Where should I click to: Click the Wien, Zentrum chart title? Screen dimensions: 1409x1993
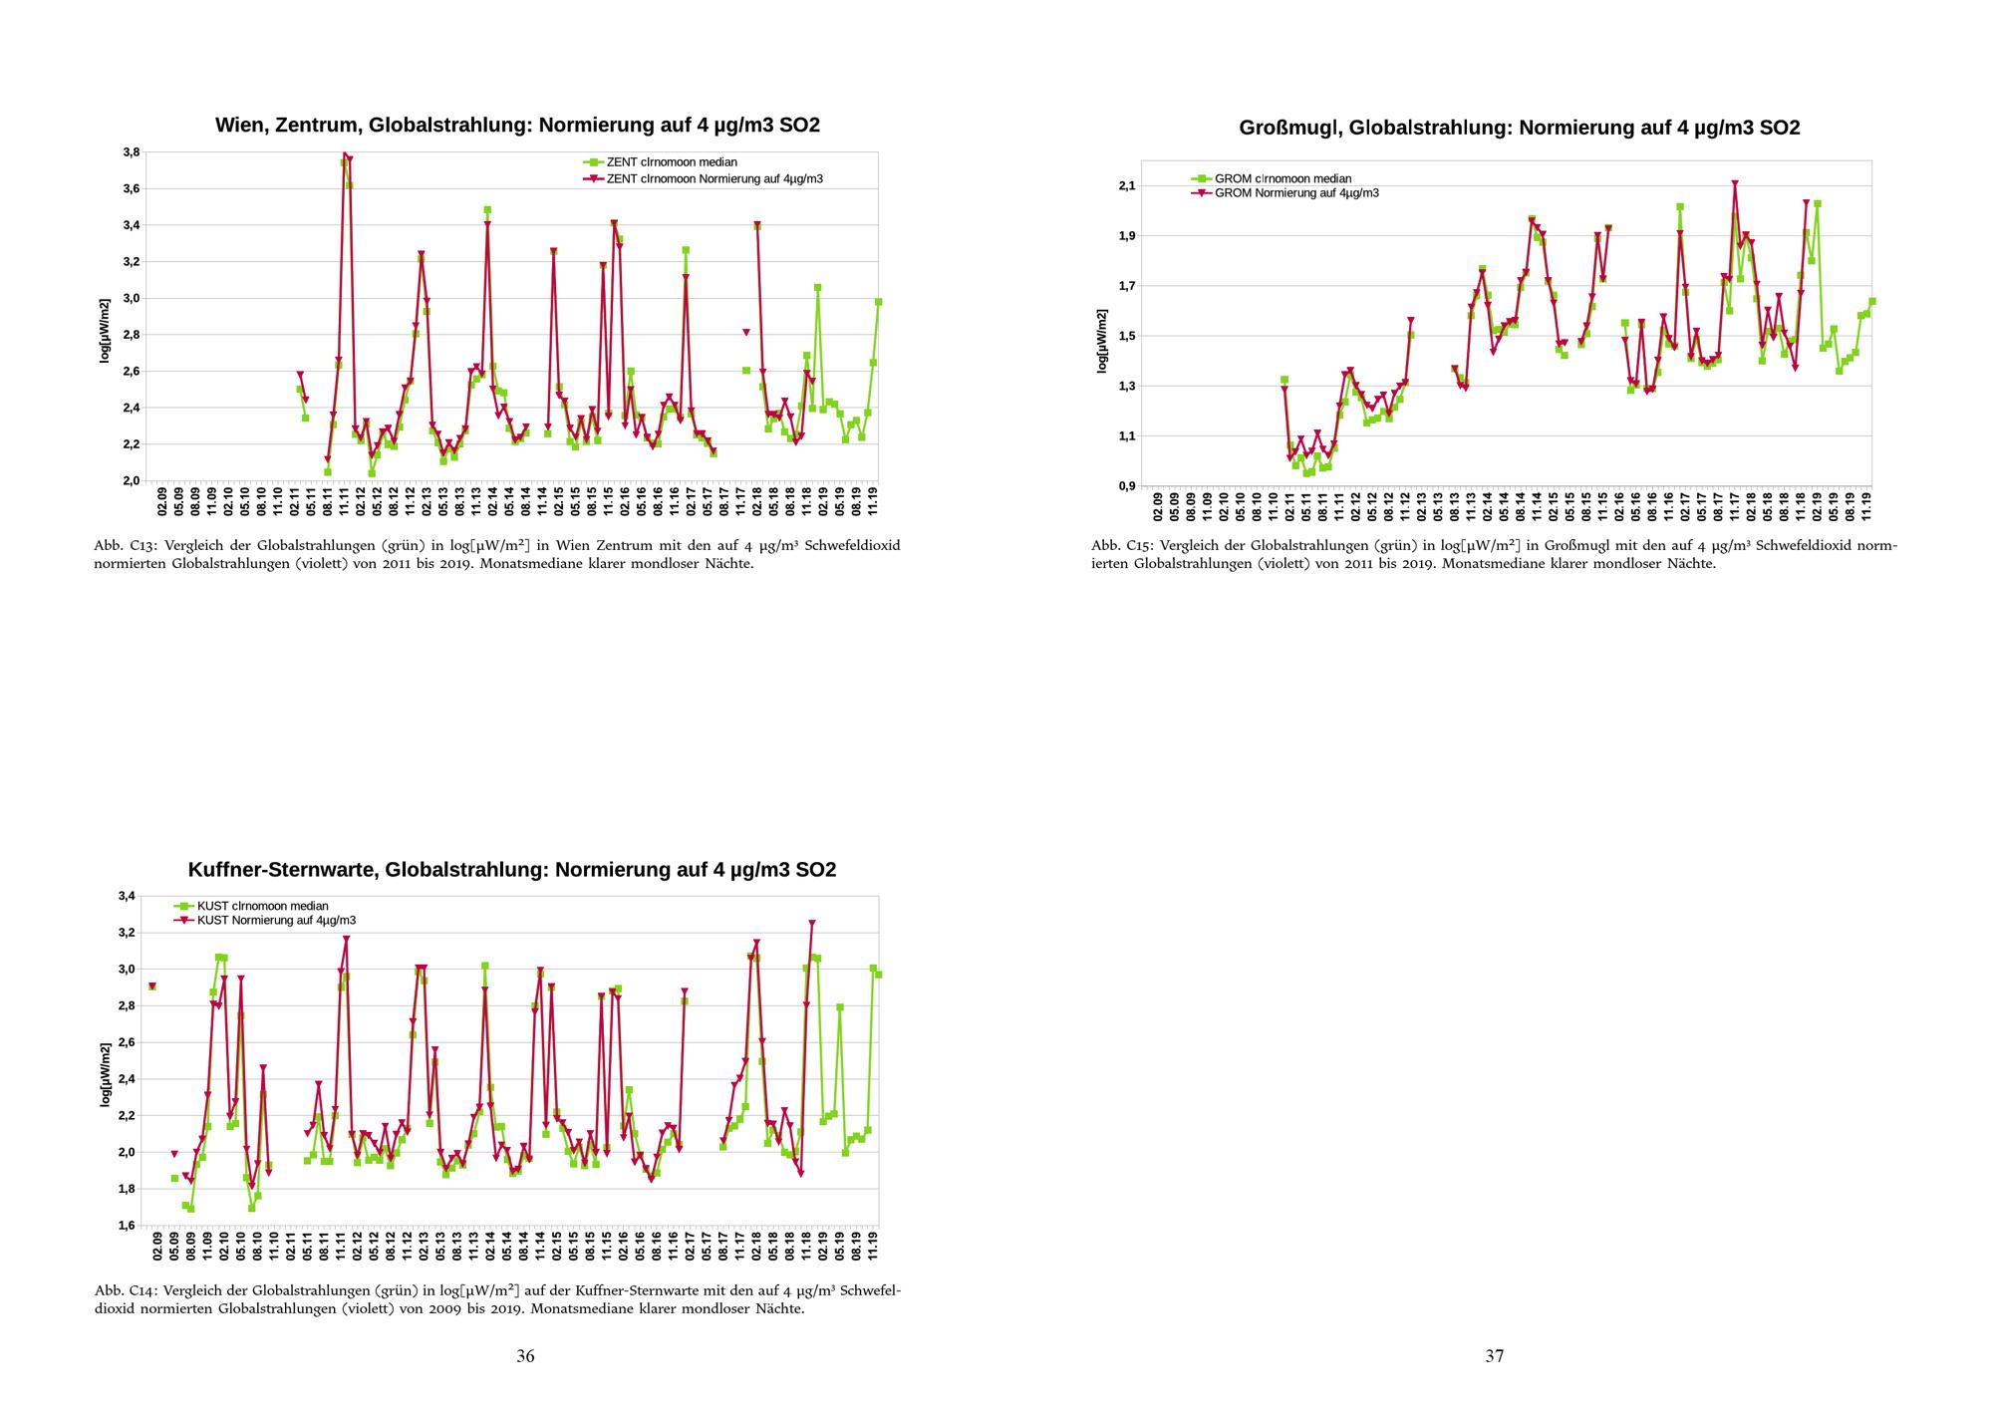(x=517, y=126)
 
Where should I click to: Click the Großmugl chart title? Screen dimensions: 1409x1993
(x=1519, y=128)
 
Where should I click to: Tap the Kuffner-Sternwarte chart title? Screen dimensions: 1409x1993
(x=511, y=870)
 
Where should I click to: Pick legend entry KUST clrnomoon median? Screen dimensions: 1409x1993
(x=262, y=906)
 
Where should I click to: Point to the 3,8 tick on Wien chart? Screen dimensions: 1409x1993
(x=131, y=152)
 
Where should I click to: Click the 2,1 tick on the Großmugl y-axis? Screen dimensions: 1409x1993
(x=1128, y=186)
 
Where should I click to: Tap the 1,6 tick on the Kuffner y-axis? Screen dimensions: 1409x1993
(x=127, y=1226)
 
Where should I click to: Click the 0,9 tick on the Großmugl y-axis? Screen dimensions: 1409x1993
(x=1128, y=486)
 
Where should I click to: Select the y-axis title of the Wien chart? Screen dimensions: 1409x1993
(x=104, y=331)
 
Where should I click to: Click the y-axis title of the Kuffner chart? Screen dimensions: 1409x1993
(x=104, y=1075)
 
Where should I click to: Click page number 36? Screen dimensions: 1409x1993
(x=525, y=1355)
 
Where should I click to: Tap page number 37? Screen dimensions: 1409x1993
(x=1494, y=1355)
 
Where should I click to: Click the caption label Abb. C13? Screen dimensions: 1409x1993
(x=123, y=546)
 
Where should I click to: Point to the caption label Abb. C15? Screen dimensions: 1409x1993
(x=1120, y=546)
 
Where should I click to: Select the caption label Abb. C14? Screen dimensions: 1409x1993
(x=123, y=1290)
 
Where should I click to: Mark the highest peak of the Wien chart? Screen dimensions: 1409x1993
(x=345, y=154)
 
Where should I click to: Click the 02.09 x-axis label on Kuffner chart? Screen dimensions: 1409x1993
(x=157, y=1246)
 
